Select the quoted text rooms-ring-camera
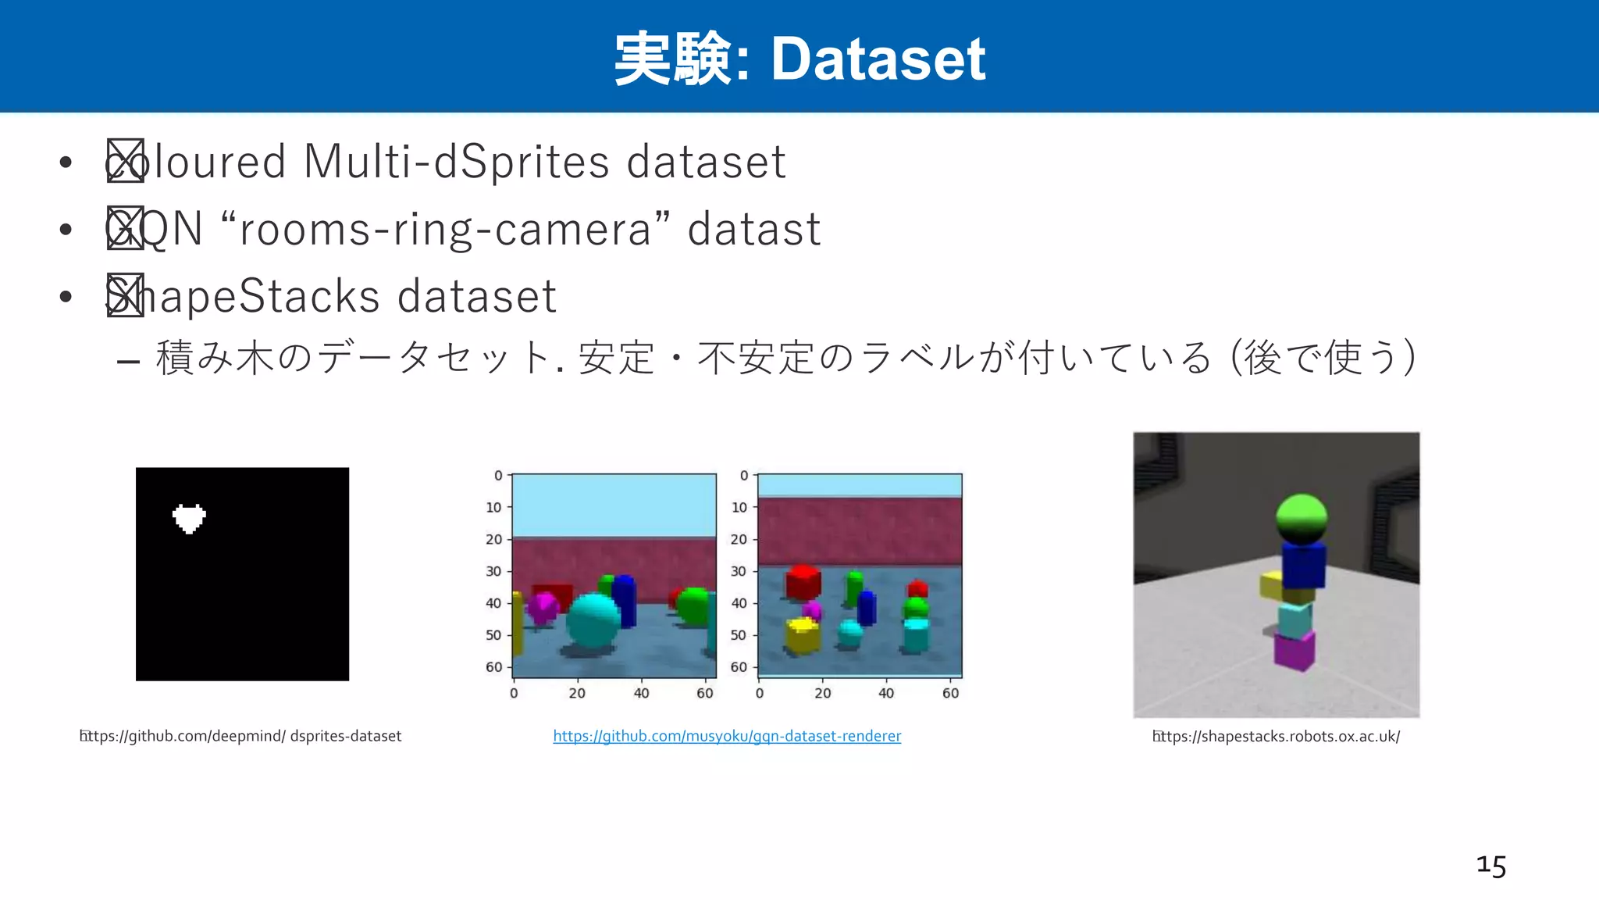445,229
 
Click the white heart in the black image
189,518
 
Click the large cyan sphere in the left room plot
593,620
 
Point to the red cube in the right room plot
803,582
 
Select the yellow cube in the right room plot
802,634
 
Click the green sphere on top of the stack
1301,518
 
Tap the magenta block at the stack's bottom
1294,650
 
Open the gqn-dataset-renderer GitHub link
727,736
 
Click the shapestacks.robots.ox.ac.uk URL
1277,736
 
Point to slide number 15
1490,866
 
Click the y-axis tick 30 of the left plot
493,571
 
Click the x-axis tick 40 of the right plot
886,693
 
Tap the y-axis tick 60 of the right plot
739,667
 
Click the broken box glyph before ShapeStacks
125,295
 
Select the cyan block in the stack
1294,619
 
